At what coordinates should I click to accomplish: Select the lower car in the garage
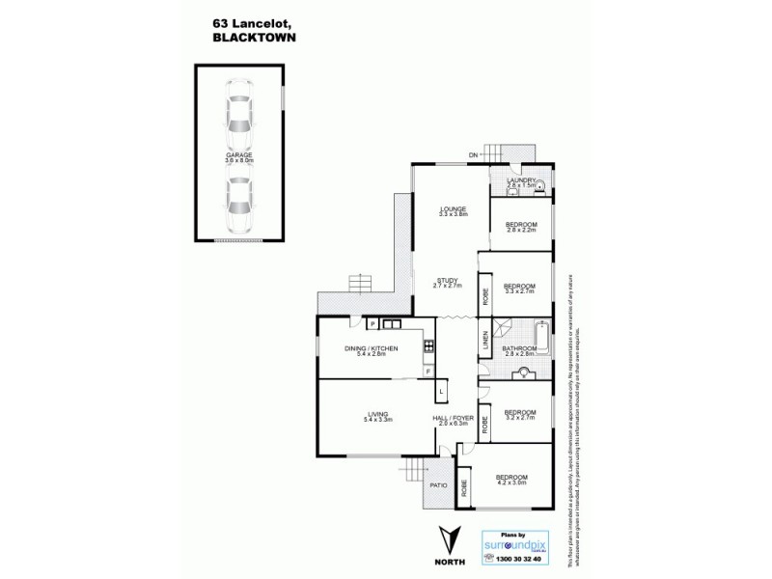tap(238, 198)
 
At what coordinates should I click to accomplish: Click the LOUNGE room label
tap(453, 208)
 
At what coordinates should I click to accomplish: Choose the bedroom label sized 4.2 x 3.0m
tap(511, 479)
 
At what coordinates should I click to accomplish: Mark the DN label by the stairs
tap(474, 154)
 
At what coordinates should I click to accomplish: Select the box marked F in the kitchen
tap(427, 371)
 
